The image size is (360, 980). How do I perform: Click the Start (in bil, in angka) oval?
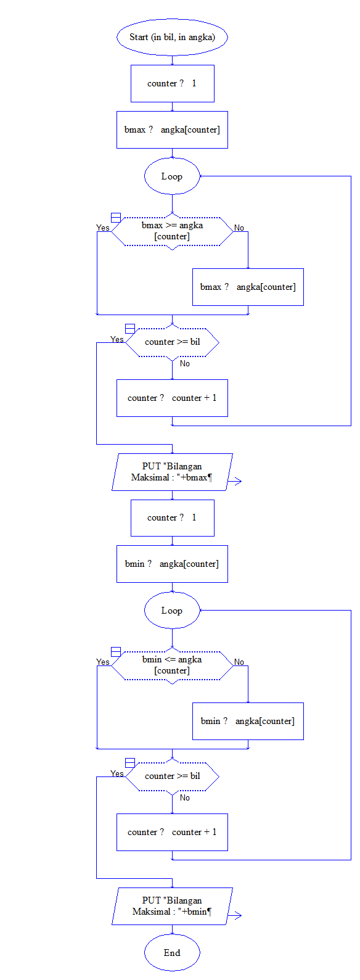172,37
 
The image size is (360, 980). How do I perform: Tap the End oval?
172,953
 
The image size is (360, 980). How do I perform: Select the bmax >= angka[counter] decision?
172,231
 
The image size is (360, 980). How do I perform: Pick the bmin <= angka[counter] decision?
172,665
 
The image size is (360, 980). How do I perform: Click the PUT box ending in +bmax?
172,472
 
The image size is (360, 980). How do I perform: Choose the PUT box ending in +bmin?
172,906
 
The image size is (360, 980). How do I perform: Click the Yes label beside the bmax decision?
103,228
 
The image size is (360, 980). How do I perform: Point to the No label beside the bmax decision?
239,228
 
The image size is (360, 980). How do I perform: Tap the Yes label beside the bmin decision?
103,662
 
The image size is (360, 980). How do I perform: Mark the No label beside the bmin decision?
239,662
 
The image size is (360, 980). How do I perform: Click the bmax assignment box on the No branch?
248,287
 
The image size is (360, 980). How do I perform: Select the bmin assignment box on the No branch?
248,721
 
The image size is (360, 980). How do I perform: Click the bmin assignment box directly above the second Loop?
172,564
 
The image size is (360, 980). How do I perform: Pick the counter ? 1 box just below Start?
172,83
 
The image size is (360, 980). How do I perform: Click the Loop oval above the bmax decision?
172,176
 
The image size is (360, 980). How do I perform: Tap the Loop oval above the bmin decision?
172,611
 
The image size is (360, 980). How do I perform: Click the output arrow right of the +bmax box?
235,482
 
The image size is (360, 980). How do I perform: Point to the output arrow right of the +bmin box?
235,916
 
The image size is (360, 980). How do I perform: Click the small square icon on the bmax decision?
115,217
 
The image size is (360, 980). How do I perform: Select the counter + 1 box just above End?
172,832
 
